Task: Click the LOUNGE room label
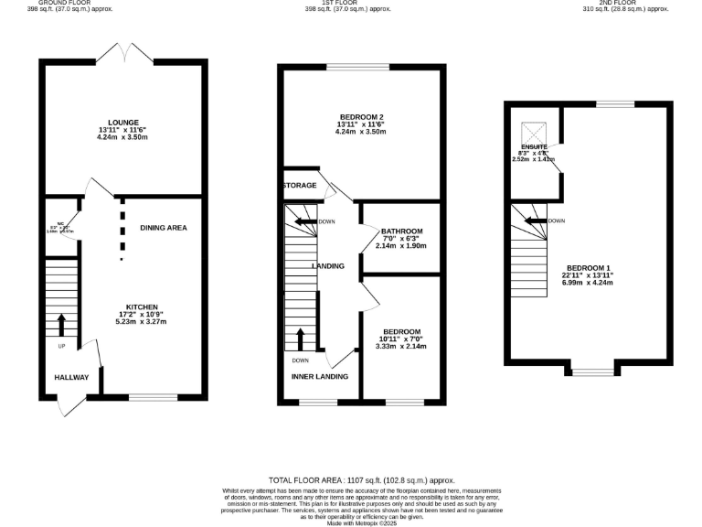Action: pyautogui.click(x=123, y=122)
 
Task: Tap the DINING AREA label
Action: pyautogui.click(x=164, y=227)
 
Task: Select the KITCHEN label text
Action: pyautogui.click(x=143, y=307)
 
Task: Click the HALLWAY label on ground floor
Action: pyautogui.click(x=71, y=377)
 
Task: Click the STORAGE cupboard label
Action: pyautogui.click(x=300, y=186)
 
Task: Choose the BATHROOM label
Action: pyautogui.click(x=402, y=231)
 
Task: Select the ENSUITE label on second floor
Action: pyautogui.click(x=534, y=146)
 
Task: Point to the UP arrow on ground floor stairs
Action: pyautogui.click(x=61, y=325)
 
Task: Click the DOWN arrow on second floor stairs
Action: pyautogui.click(x=536, y=220)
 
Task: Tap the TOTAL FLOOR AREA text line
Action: pyautogui.click(x=361, y=480)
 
